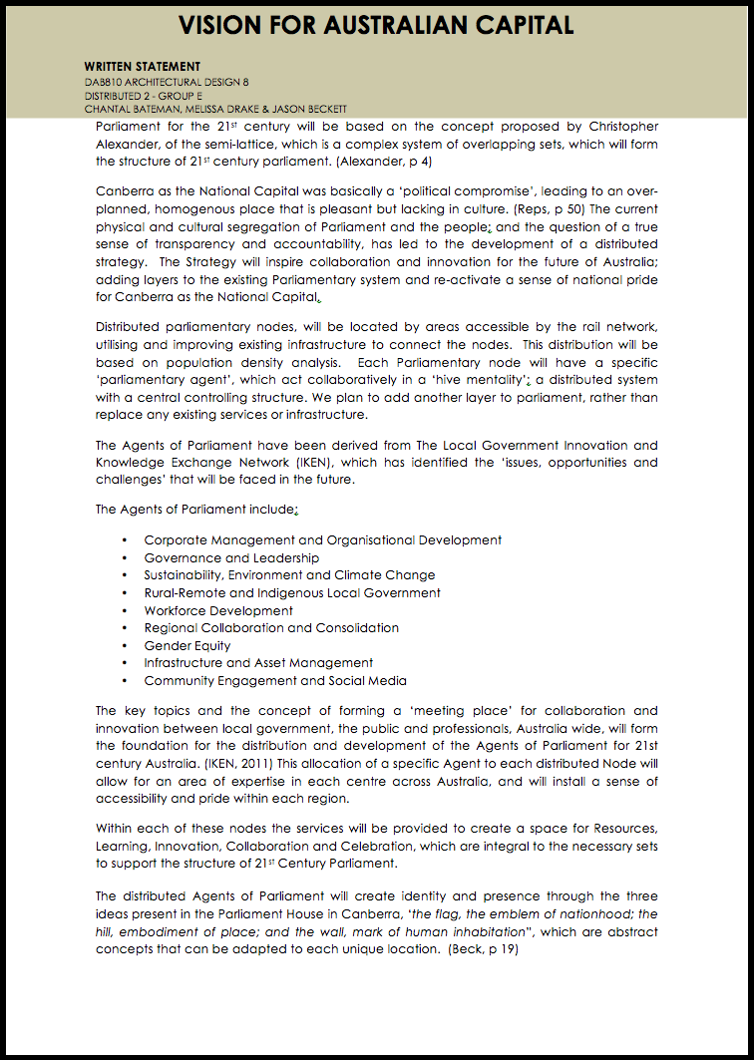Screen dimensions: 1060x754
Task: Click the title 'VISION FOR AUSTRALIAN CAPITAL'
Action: (x=377, y=24)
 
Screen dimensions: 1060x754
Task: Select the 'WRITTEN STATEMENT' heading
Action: (x=143, y=67)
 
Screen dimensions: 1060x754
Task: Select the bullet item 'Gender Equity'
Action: (x=188, y=645)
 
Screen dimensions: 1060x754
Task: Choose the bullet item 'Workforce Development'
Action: (x=218, y=610)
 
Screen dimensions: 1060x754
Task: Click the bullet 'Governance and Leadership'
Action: (x=231, y=557)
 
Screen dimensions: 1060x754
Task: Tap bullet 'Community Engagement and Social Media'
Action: (x=275, y=680)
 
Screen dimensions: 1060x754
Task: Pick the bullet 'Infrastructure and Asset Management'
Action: (x=258, y=662)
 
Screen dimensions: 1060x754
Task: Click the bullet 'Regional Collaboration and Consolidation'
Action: (x=271, y=627)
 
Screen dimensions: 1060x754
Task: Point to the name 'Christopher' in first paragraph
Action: (x=615, y=127)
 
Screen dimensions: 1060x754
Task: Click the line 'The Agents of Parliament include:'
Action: (x=196, y=510)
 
